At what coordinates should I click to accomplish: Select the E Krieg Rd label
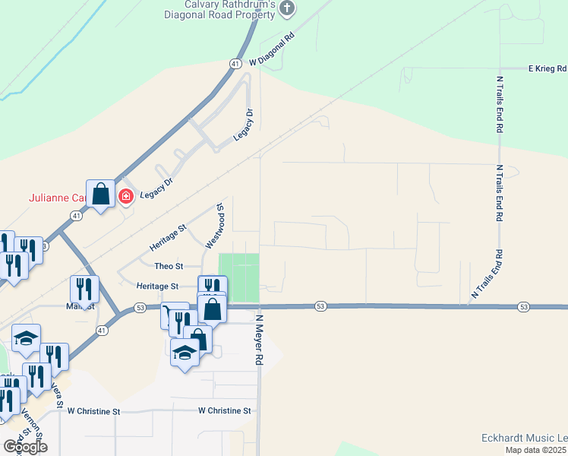click(547, 68)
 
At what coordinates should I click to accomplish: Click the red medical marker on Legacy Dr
click(125, 198)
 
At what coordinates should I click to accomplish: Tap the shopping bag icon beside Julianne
click(100, 195)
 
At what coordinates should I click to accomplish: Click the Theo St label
click(169, 266)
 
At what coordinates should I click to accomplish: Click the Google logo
click(25, 447)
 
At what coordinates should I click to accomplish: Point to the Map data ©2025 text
click(535, 450)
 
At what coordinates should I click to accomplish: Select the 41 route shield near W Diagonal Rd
click(236, 65)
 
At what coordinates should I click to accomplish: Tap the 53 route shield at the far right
click(523, 306)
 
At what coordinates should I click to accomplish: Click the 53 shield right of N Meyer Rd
click(321, 306)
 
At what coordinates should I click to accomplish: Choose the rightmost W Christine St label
click(224, 410)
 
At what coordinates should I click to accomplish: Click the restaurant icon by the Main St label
click(84, 289)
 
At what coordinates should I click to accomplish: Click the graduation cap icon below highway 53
click(185, 353)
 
